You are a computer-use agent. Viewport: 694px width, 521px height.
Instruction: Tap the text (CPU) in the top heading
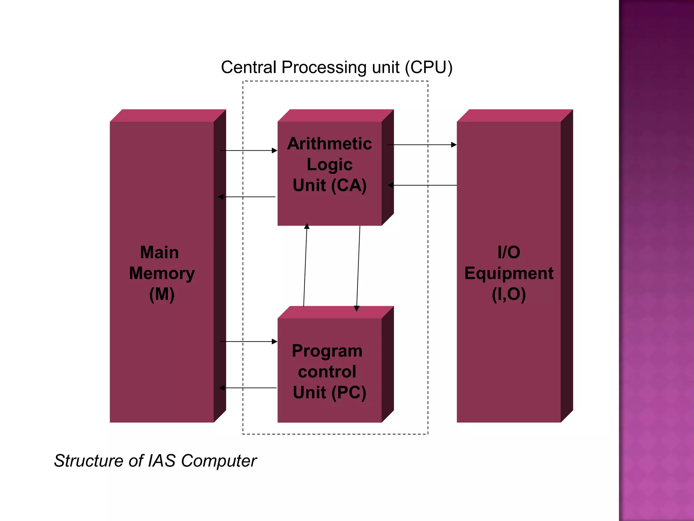tap(429, 67)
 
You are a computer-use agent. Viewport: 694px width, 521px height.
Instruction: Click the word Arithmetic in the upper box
tap(329, 143)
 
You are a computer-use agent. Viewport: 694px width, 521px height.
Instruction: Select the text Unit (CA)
tap(329, 185)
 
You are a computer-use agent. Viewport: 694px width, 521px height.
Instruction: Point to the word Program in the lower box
tap(327, 351)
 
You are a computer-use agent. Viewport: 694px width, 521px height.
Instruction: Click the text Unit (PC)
tap(329, 392)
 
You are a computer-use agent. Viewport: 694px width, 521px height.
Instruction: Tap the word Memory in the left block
tap(162, 273)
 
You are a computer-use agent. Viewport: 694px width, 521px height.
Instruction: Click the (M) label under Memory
tap(162, 294)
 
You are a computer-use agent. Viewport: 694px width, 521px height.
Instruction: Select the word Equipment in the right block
tap(509, 273)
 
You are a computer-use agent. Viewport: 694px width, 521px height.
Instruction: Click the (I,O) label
tap(509, 294)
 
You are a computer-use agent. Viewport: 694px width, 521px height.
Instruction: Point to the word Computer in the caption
tap(219, 461)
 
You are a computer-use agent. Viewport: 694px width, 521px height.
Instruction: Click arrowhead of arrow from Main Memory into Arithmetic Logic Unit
tap(274, 150)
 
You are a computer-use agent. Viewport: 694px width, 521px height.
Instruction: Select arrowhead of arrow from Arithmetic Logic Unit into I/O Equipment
tap(454, 145)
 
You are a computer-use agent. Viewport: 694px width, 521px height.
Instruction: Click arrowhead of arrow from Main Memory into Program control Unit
tap(274, 342)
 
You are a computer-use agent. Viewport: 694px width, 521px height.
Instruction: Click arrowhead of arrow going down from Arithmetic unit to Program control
tap(356, 308)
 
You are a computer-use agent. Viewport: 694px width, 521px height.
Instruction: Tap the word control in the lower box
tap(327, 372)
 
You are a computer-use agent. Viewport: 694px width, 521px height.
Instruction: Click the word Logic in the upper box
tap(329, 165)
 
